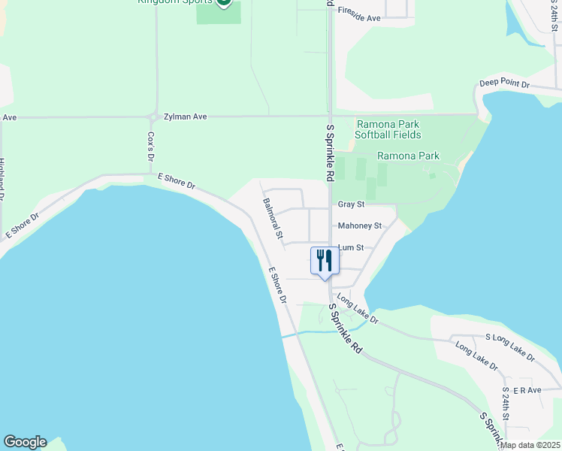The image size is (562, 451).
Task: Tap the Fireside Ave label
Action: [x=359, y=17]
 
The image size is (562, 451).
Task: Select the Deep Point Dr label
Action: [x=505, y=84]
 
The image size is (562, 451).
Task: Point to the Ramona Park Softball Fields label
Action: [x=388, y=129]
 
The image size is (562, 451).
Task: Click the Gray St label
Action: [x=351, y=204]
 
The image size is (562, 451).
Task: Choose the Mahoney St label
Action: [x=360, y=225]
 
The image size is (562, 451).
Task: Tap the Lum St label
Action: [x=351, y=247]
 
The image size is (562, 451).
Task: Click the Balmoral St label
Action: [x=273, y=219]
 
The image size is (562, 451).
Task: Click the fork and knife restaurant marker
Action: [x=325, y=262]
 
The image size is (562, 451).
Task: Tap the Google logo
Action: [x=25, y=442]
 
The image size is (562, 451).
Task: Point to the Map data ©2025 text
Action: [x=530, y=445]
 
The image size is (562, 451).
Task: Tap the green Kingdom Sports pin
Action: [x=223, y=3]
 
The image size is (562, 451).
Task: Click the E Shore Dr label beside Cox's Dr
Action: [x=176, y=182]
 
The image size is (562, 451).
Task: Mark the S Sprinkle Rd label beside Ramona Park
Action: [x=330, y=153]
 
